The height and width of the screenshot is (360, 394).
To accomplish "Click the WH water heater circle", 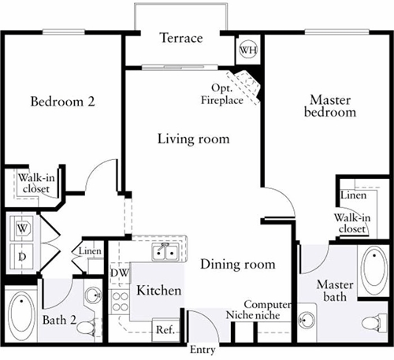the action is point(248,50).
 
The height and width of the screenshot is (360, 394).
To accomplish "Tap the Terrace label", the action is point(181,38).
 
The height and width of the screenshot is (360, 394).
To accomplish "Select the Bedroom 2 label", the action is point(62,102).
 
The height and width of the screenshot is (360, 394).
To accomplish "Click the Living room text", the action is point(194,139).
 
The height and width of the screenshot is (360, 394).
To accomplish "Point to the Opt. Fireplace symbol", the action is point(244,86).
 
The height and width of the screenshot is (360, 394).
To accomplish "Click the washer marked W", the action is point(22,228).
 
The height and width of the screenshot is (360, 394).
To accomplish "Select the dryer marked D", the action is point(22,257).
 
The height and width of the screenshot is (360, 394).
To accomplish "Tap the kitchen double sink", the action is point(165,252).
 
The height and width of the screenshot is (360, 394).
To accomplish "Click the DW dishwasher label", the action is point(120,273).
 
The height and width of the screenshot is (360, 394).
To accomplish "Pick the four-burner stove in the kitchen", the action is point(120,302).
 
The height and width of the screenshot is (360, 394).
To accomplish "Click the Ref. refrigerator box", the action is point(166,329).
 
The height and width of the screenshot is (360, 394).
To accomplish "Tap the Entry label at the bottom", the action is point(203,350).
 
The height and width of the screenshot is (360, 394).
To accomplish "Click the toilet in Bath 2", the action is point(87,328).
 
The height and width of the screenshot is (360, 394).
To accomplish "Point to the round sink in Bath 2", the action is point(93,295).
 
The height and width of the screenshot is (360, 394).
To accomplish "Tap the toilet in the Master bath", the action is point(374,322).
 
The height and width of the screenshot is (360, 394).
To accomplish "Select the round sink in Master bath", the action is point(307,320).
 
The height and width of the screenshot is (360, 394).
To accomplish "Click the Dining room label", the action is point(238,264).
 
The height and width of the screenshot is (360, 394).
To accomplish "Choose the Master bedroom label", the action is point(330,106).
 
